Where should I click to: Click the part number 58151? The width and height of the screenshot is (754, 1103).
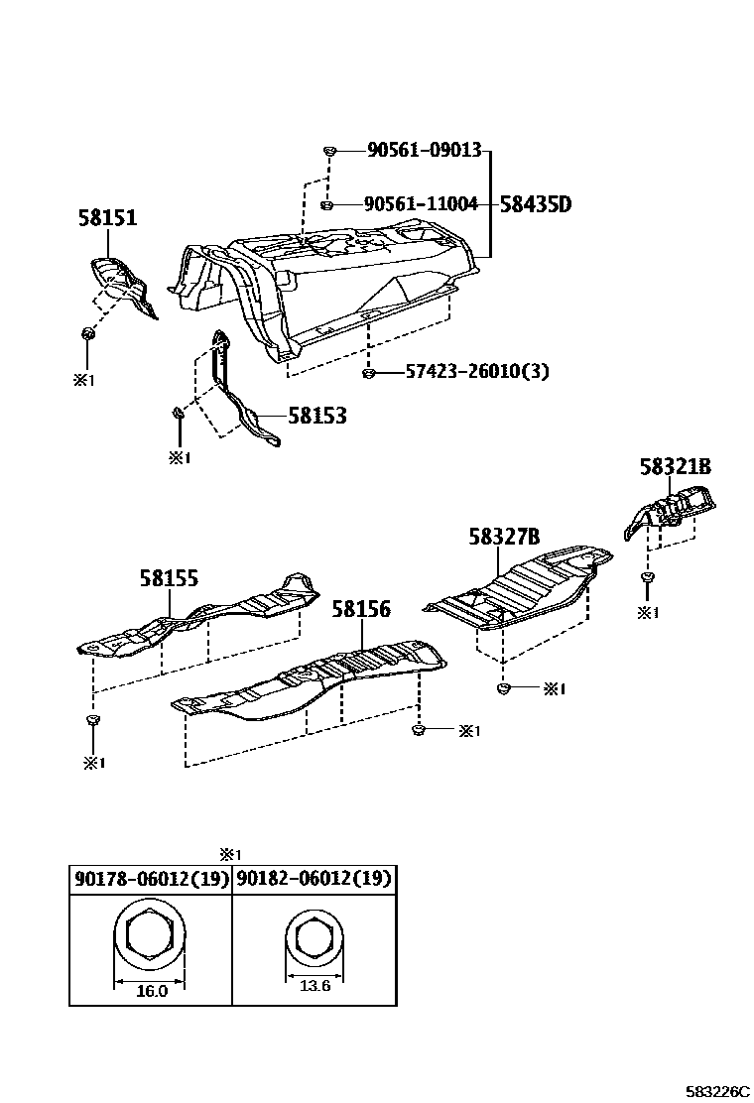[x=107, y=218]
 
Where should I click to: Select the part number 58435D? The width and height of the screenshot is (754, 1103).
[x=536, y=204]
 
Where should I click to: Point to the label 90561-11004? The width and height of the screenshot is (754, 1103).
[x=421, y=204]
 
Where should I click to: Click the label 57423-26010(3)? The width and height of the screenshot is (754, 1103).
[x=476, y=372]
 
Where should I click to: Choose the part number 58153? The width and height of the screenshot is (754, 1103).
[x=317, y=416]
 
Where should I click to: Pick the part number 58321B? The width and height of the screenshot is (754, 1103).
[x=676, y=467]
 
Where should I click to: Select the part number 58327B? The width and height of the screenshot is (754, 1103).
[x=504, y=537]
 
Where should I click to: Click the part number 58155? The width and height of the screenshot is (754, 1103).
[x=169, y=578]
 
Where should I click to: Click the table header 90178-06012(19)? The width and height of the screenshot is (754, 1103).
[x=150, y=879]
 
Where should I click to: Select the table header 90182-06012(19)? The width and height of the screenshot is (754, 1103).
[x=314, y=879]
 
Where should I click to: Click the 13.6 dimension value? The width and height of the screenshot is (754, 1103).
[x=314, y=985]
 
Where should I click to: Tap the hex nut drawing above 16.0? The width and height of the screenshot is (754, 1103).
[x=151, y=935]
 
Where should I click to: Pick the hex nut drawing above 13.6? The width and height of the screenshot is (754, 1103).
[x=314, y=937]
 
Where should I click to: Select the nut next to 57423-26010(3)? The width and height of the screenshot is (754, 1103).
[x=368, y=373]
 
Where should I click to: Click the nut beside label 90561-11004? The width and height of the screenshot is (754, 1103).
[x=328, y=205]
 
